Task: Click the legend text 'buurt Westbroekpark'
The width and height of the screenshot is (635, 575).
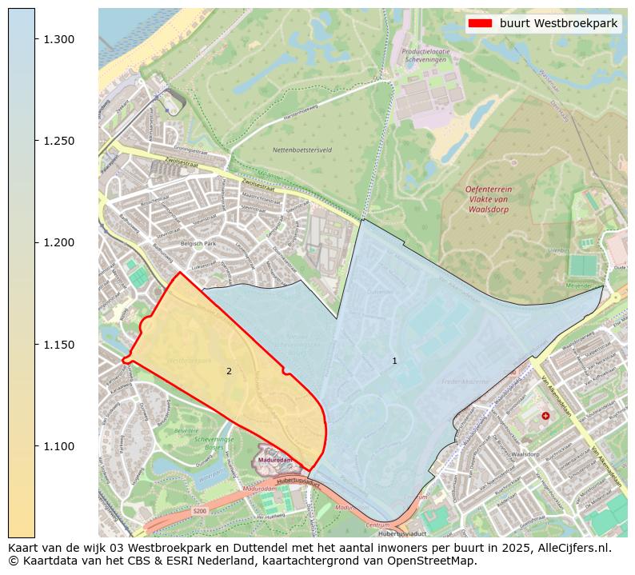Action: (x=558, y=23)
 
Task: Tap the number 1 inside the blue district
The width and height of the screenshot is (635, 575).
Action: (x=394, y=361)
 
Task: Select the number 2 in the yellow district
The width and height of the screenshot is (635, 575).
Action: (x=229, y=371)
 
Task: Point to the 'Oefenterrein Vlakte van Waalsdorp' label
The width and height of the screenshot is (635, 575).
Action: (x=488, y=198)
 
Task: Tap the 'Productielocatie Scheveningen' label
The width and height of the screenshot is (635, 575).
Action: (x=425, y=54)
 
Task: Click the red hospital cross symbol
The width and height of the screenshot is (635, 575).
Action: (x=545, y=416)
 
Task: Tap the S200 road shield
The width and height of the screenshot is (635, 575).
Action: (x=199, y=511)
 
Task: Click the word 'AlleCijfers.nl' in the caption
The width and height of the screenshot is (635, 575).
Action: (x=573, y=549)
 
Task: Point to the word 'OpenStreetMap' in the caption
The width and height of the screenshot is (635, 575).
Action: (x=436, y=561)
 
